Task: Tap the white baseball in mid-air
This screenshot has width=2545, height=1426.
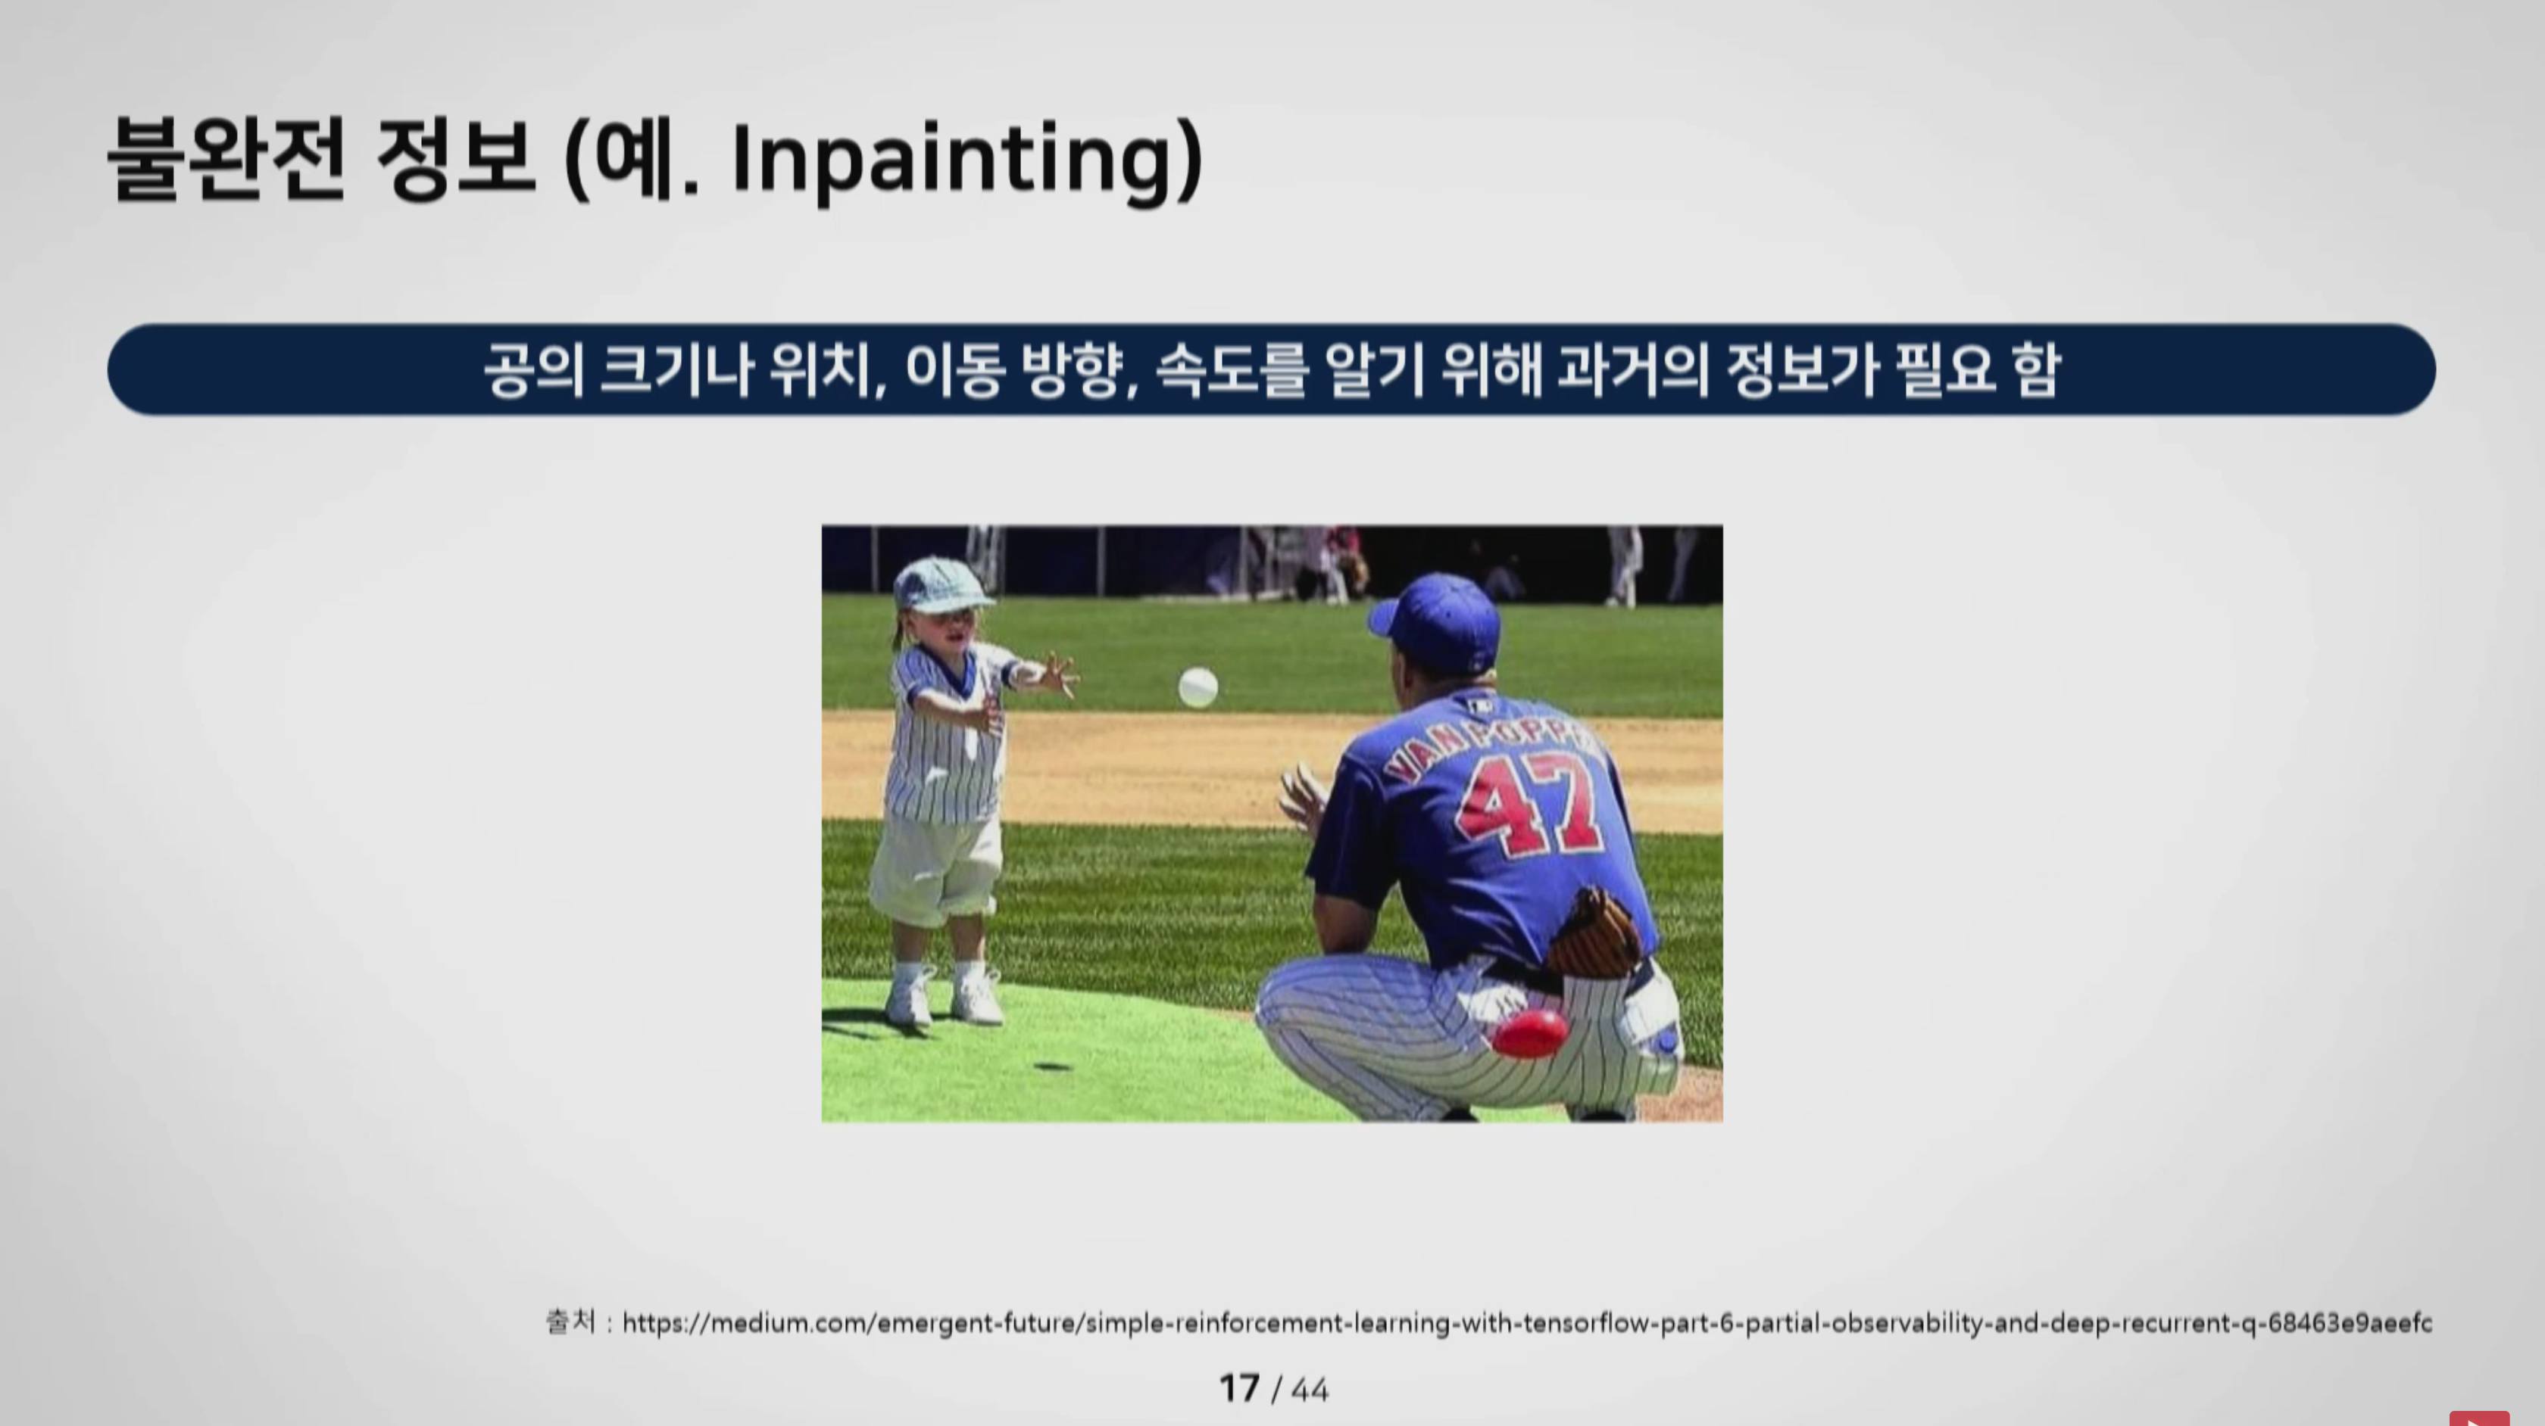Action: click(1198, 687)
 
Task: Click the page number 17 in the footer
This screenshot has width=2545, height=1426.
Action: click(1239, 1388)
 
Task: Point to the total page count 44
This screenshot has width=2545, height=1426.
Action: click(1310, 1390)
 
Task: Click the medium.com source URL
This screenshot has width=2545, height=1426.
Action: click(1526, 1322)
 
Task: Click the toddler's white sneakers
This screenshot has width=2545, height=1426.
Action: click(942, 995)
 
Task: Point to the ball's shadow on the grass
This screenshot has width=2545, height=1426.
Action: click(1052, 1066)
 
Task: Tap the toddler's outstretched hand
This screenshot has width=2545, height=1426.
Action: click(1055, 674)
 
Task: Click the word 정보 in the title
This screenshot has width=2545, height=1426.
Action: click(455, 158)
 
